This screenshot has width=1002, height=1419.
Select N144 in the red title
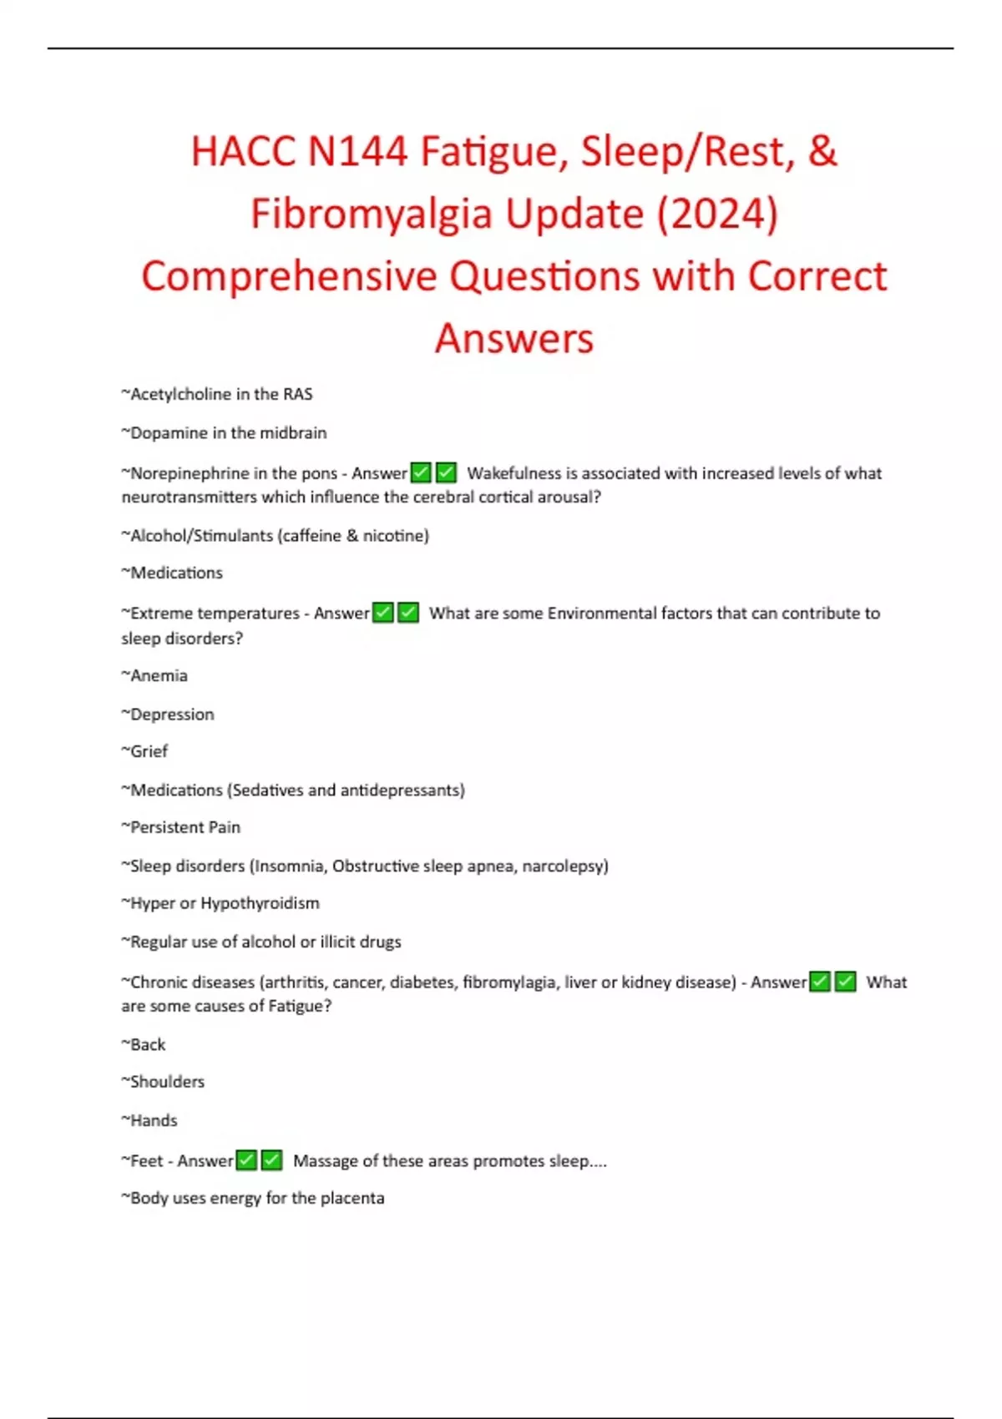click(x=358, y=153)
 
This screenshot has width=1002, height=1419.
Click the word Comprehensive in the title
click(x=289, y=276)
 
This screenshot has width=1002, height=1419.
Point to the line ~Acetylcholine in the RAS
click(x=217, y=394)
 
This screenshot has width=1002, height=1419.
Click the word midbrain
click(x=294, y=433)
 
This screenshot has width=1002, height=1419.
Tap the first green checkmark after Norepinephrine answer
click(x=422, y=473)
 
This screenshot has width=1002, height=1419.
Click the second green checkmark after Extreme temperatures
click(x=408, y=614)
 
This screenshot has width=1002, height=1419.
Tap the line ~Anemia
click(x=154, y=676)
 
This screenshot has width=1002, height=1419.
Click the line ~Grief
click(x=145, y=751)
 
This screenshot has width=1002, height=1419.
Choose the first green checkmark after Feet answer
click(x=246, y=1161)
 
